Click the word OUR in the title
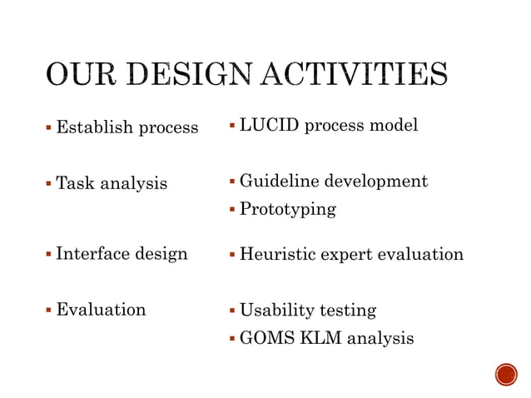79,74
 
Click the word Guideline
279,181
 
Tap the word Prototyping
288,209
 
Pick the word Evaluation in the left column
101,310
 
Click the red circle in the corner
505,375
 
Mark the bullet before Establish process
49,127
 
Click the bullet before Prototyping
232,209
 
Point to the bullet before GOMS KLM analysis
232,338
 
